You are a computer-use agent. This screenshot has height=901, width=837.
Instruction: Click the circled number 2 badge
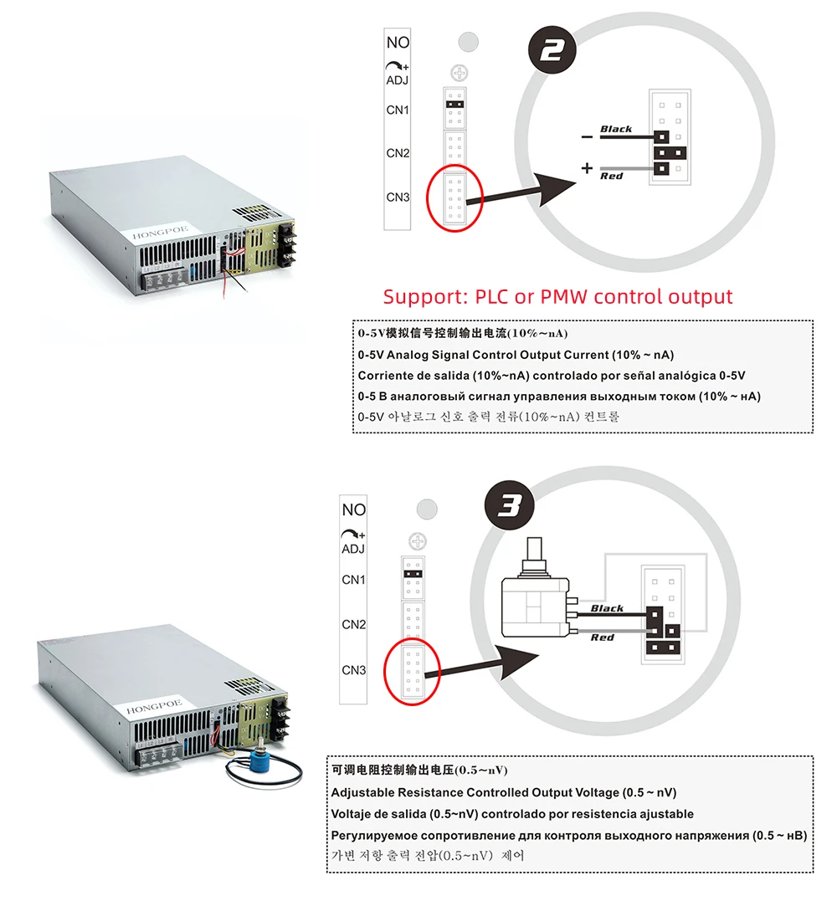coord(552,51)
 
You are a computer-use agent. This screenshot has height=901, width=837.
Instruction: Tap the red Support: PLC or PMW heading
coord(557,296)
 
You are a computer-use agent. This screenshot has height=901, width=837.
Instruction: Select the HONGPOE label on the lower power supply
coord(146,710)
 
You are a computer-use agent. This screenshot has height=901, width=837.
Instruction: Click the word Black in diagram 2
coord(616,129)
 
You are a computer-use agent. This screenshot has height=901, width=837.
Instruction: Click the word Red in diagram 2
coord(612,176)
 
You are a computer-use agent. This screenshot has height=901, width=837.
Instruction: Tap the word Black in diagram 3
coord(607,608)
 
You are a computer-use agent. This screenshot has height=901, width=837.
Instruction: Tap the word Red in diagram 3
coord(603,637)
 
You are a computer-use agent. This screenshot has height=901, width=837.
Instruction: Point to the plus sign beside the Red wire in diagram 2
coord(587,168)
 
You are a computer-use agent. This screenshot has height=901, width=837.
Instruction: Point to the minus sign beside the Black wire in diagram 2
coord(587,136)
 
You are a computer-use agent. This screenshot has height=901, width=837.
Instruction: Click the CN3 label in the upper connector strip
coord(398,197)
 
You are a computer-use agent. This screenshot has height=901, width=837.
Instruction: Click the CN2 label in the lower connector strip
coord(354,624)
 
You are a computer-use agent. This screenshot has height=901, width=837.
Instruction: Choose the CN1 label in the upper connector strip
coord(398,110)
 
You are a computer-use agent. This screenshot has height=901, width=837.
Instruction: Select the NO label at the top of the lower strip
coord(354,509)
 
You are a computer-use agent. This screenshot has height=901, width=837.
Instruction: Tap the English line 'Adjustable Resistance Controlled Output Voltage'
coord(504,792)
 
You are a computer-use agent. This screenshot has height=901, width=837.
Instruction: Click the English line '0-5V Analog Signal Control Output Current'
coord(516,355)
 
